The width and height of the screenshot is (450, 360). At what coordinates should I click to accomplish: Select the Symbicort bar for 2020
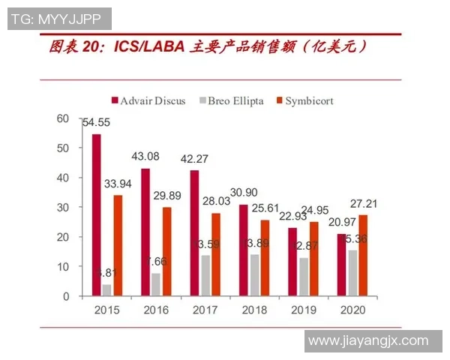coord(363,256)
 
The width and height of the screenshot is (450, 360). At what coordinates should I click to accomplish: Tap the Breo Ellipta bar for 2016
coord(155,285)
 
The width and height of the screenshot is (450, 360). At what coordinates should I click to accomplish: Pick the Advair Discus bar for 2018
coord(242,250)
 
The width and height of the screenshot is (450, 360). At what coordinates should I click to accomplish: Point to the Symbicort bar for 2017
coord(216,255)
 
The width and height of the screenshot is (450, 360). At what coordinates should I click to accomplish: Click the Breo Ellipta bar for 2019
coord(302,277)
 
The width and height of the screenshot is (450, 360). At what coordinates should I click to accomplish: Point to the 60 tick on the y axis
coord(62,118)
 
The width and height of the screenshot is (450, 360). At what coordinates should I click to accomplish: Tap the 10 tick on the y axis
coord(62,267)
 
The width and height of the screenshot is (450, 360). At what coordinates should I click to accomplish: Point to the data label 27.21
coord(364,202)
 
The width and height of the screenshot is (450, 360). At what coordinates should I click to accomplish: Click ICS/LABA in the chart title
coord(149,48)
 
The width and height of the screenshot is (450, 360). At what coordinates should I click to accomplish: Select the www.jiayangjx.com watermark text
coord(367,340)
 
